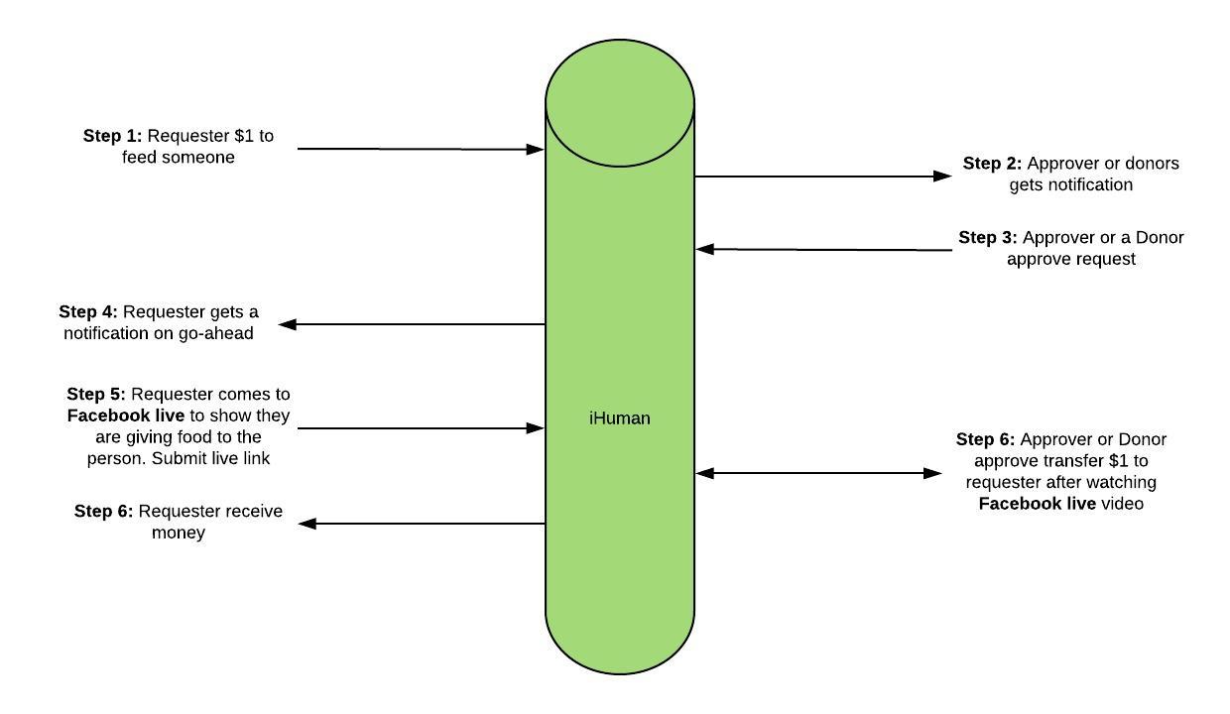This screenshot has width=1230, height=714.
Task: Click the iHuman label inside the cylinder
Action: (619, 418)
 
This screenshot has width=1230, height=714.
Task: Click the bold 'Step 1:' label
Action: (112, 136)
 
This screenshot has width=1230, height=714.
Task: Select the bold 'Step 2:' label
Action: (992, 164)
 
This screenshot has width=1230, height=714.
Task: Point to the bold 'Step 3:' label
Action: (988, 238)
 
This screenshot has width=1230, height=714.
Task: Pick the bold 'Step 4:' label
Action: (88, 312)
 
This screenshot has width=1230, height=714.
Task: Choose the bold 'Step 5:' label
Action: (96, 395)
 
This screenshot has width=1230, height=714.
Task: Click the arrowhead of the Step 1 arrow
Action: (536, 150)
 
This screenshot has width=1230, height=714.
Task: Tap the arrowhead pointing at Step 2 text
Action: (943, 177)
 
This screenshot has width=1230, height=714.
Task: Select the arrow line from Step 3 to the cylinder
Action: (823, 250)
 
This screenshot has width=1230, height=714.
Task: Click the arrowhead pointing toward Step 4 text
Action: (289, 324)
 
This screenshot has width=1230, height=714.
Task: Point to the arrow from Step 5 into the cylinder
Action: (417, 428)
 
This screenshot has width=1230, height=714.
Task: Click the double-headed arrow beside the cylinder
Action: (818, 474)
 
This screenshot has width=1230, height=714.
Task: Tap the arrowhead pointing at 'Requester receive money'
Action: (307, 524)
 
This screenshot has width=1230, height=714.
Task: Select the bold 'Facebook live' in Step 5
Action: (126, 416)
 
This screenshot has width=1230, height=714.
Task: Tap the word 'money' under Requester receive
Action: (179, 533)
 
